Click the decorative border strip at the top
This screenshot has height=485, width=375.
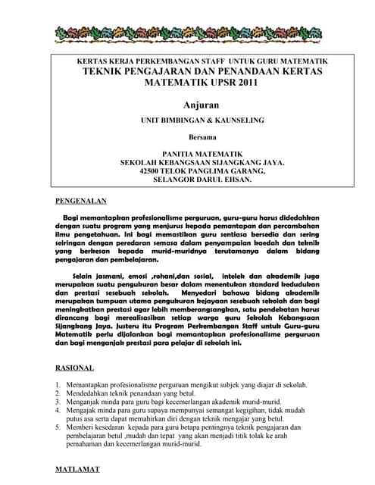pos(187,34)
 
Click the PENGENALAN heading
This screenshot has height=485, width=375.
pos(81,202)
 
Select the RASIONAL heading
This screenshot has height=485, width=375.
pos(75,368)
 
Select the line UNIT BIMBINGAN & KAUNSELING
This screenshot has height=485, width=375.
pos(202,120)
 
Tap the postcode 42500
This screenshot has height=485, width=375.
pos(152,171)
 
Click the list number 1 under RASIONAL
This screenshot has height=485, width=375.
pos(58,385)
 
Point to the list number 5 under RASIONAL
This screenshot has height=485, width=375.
pos(58,427)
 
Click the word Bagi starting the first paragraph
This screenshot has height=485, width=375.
pos(72,217)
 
